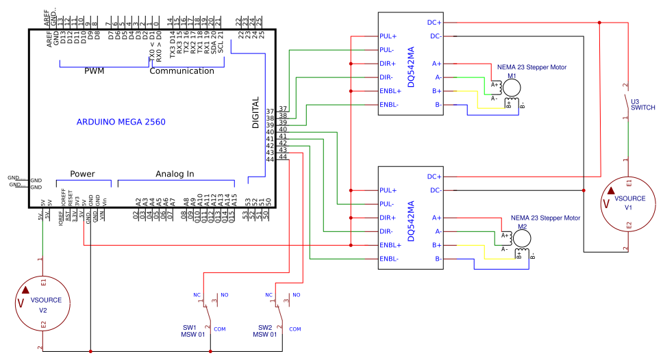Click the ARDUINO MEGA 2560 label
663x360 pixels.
point(121,122)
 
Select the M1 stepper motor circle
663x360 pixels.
point(512,87)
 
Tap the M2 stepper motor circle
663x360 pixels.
point(522,237)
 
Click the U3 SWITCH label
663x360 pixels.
point(642,104)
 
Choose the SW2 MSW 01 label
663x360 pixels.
point(265,331)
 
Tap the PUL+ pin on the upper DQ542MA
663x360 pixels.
point(388,36)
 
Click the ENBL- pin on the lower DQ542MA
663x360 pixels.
point(389,259)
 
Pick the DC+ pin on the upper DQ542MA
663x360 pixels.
point(434,22)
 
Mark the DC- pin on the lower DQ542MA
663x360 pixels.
point(434,190)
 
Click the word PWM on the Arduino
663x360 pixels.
point(94,71)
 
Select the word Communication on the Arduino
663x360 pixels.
point(182,71)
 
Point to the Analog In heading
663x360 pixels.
point(175,174)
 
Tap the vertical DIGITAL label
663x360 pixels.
point(255,112)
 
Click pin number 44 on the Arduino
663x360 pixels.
point(271,159)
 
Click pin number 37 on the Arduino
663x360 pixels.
point(271,111)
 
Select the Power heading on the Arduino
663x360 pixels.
point(82,174)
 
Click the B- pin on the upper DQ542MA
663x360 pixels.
point(436,105)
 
